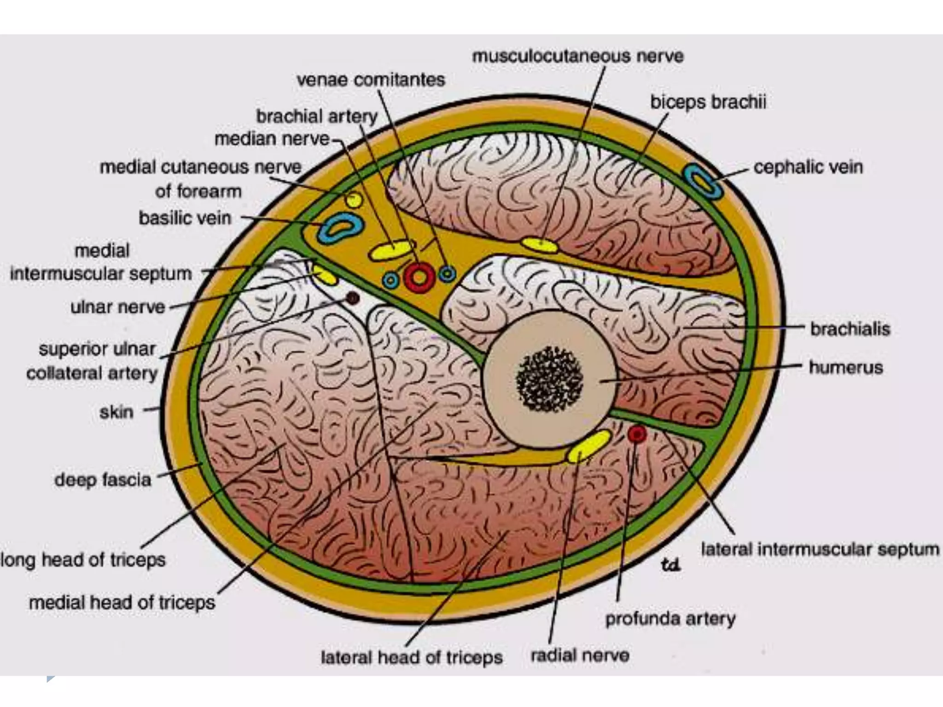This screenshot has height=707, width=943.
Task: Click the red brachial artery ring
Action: pyautogui.click(x=419, y=277)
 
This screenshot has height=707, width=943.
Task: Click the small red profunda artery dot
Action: pyautogui.click(x=637, y=434)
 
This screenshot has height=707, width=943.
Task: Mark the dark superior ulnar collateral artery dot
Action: pyautogui.click(x=352, y=299)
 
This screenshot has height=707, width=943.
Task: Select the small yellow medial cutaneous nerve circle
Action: pyautogui.click(x=354, y=199)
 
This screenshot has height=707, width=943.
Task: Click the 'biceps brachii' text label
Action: pyautogui.click(x=708, y=102)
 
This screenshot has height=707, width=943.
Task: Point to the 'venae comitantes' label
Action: pyautogui.click(x=371, y=80)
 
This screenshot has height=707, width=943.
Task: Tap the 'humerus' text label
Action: pyautogui.click(x=846, y=367)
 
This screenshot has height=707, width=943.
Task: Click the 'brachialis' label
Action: pyautogui.click(x=850, y=329)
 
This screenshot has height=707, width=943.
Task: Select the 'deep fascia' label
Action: pyautogui.click(x=103, y=480)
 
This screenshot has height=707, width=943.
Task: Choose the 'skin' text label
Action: pyautogui.click(x=116, y=411)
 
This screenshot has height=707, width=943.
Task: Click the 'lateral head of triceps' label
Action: pyautogui.click(x=411, y=657)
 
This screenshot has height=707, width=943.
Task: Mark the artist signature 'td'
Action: pyautogui.click(x=670, y=564)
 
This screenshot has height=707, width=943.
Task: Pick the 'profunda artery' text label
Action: pyautogui.click(x=670, y=619)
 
